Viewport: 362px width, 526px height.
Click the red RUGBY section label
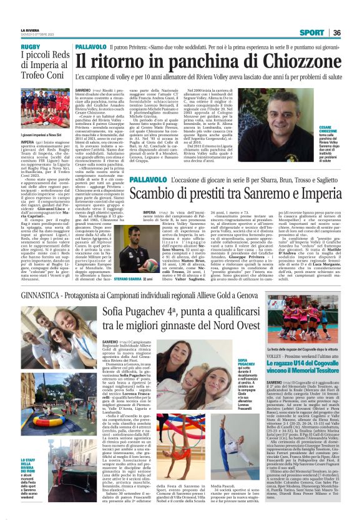31,47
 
